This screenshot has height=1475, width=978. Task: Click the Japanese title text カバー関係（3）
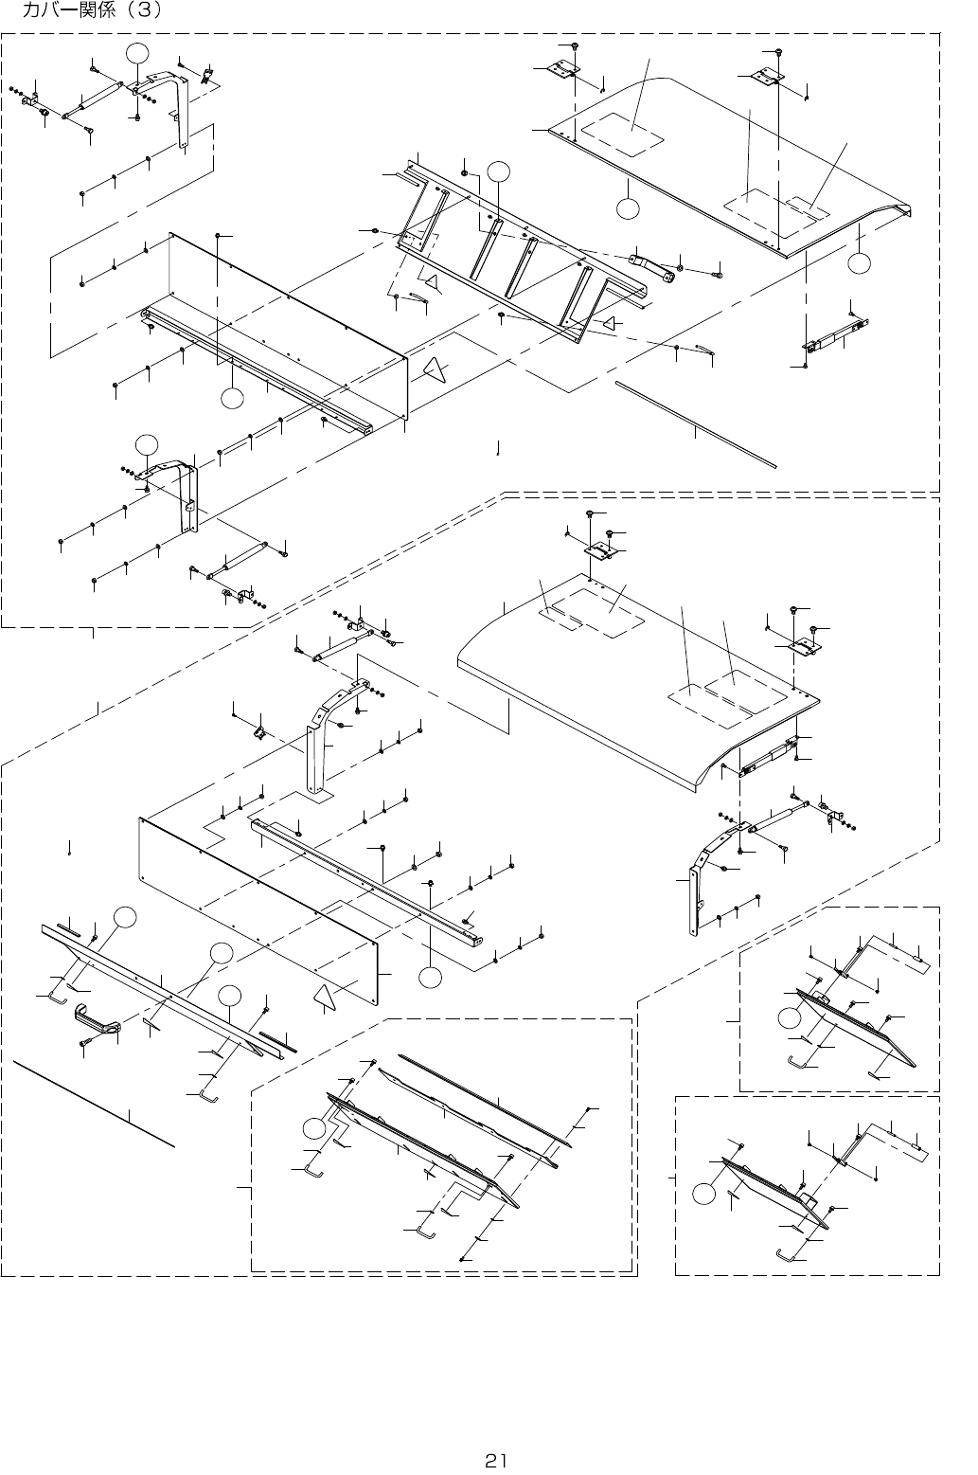91,10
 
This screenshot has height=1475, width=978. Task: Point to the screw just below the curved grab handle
87,1041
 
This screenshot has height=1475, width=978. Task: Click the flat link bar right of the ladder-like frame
651,268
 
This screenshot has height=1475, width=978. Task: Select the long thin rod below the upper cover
696,424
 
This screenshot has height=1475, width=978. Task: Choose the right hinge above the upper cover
766,77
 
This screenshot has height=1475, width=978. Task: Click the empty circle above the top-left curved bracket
136,54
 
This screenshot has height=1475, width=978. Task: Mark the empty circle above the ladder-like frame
499,171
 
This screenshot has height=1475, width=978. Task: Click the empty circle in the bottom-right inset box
705,1213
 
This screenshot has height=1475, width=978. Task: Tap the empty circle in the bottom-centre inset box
314,1128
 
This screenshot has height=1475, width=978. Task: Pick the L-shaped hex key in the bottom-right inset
785,1254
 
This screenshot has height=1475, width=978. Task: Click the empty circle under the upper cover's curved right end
859,262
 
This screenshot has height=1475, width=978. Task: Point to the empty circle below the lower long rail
431,977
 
